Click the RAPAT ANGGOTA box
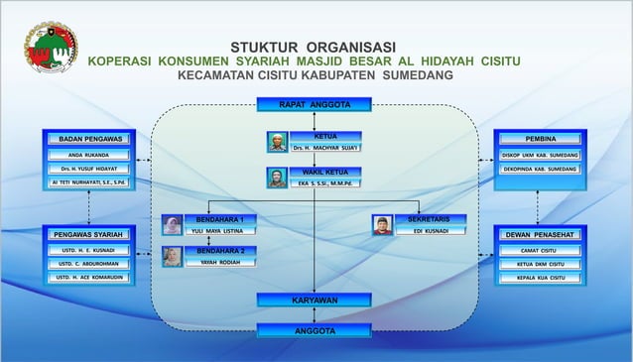314,104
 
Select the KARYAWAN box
314,300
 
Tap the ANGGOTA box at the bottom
314,331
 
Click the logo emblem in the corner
51,47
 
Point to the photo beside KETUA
277,142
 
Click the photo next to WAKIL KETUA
277,179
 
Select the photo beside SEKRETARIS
382,225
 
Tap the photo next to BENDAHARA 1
173,225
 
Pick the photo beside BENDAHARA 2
173,257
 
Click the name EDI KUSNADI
431,231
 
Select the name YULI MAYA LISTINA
223,231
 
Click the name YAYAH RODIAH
221,263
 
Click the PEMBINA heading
540,139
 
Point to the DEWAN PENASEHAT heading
540,235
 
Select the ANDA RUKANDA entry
89,155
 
